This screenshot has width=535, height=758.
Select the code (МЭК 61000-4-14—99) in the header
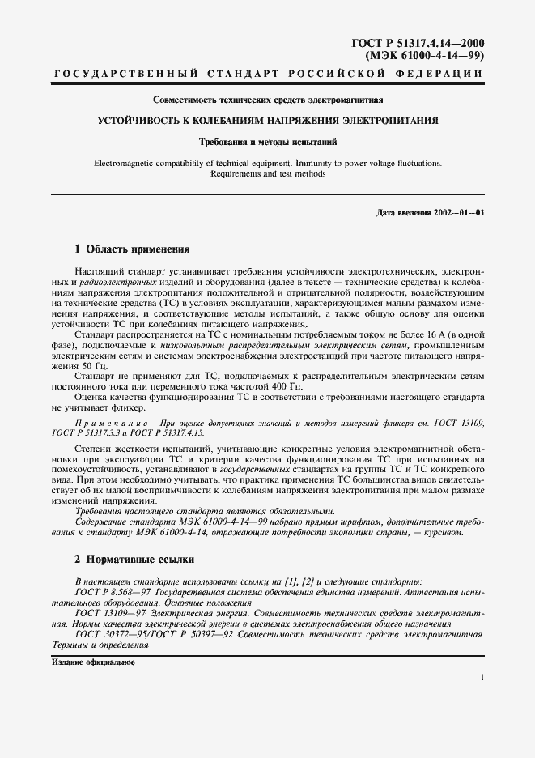coord(430,56)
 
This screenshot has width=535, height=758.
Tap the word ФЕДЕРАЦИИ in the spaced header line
coord(444,75)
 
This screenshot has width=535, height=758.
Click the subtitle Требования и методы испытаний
coord(266,142)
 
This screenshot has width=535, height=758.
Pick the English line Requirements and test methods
coord(267,173)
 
